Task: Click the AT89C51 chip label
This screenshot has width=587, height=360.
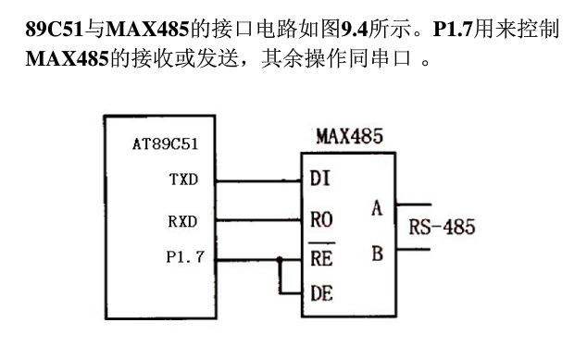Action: click(164, 145)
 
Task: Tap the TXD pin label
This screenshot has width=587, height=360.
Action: click(182, 179)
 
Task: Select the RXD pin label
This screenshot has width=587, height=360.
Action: click(182, 221)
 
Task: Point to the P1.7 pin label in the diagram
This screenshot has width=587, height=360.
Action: click(184, 256)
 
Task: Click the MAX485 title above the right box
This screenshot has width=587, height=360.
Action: click(349, 137)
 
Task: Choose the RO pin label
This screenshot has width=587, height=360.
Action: click(321, 221)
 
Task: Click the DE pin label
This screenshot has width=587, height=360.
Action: click(321, 294)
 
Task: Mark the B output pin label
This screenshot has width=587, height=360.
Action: click(377, 252)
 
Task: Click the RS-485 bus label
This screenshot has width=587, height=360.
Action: click(443, 227)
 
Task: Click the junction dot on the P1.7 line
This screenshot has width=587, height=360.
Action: click(278, 258)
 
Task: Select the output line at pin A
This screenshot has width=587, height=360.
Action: click(413, 204)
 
